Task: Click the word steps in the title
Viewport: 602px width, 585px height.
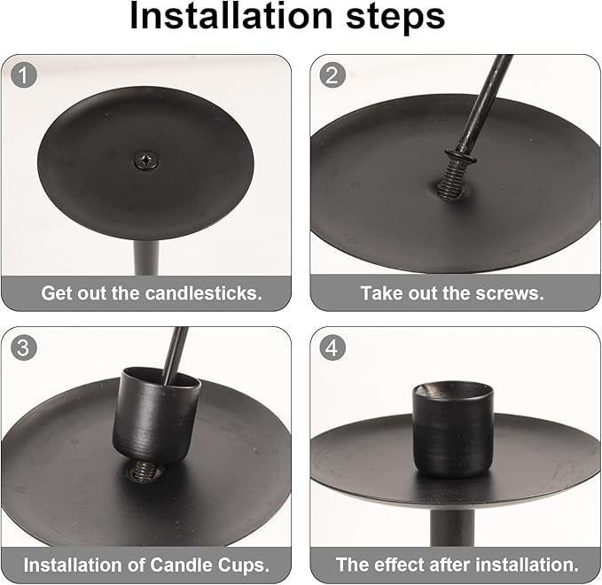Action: (x=395, y=18)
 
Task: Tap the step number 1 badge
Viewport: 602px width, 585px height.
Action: (x=24, y=75)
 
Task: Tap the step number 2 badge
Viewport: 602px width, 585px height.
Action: (x=332, y=75)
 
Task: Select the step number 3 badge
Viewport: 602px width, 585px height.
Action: (x=24, y=347)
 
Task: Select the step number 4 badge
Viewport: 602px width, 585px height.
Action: (x=332, y=347)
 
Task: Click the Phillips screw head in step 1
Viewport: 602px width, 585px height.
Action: (x=146, y=160)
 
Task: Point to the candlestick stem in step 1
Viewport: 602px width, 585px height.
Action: (x=146, y=258)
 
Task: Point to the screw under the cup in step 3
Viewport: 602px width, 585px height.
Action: (x=144, y=471)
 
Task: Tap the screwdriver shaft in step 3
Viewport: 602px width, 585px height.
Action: (x=176, y=354)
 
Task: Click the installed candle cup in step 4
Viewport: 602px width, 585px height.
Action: (x=453, y=430)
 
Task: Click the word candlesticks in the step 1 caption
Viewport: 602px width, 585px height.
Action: (x=204, y=293)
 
